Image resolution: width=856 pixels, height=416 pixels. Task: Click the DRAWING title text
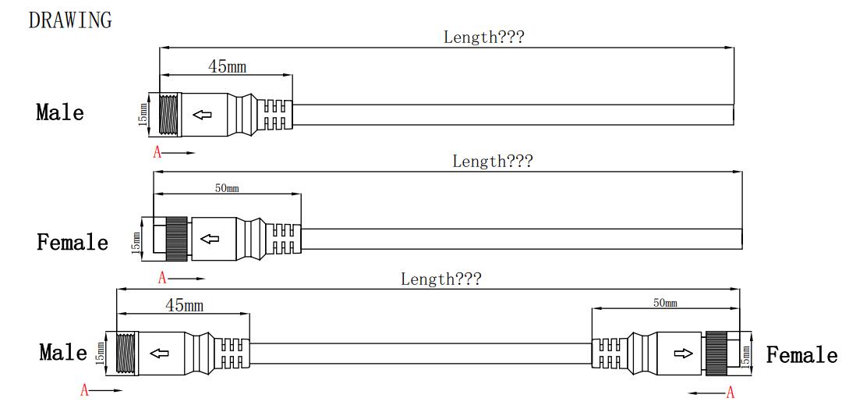69,20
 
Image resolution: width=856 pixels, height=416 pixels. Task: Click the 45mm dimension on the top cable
227,66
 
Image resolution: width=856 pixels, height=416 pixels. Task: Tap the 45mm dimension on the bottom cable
184,305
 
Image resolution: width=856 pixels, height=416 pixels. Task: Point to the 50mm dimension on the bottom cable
664,303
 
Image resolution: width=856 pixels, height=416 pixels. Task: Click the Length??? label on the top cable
484,36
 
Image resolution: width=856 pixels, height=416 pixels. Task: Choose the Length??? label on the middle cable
493,162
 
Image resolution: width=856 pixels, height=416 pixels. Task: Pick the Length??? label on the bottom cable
440,279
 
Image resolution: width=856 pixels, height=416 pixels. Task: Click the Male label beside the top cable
60,112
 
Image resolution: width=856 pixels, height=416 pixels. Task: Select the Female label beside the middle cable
73,242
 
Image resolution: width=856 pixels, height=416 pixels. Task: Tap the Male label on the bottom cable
63,352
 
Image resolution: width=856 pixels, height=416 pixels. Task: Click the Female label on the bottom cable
801,356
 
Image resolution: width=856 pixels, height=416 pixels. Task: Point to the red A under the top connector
157,153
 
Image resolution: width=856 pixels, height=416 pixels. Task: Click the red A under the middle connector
162,278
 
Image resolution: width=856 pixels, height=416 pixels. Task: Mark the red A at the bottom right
730,393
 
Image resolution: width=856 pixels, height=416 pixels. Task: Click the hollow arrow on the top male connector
202,116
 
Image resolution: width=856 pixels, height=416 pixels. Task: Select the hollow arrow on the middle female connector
209,239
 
